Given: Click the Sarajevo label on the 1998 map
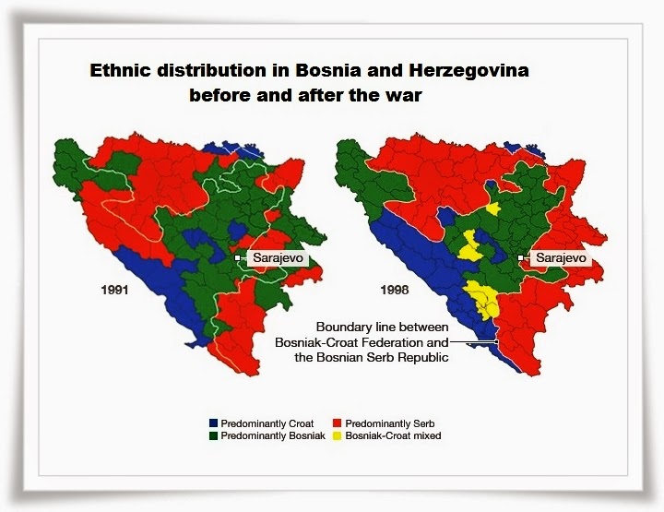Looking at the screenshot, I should [562, 258].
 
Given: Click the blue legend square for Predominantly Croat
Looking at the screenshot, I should [213, 422].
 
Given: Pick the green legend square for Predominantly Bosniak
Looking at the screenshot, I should [213, 435].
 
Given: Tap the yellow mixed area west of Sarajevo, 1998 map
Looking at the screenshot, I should [471, 247].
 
